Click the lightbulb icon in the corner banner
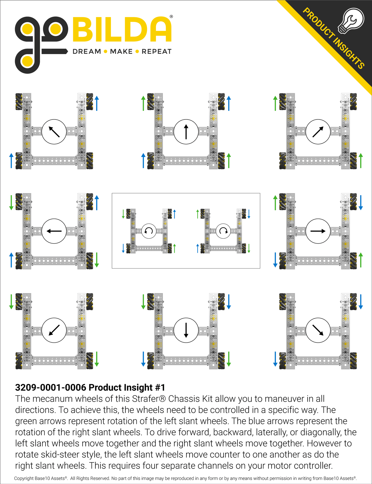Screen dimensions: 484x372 pyautogui.click(x=351, y=21)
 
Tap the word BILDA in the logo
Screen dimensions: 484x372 pyautogui.click(x=122, y=30)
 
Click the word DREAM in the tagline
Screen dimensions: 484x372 pyautogui.click(x=87, y=51)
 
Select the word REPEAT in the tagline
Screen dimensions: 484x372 pyautogui.click(x=157, y=51)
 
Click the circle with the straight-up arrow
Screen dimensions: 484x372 pyautogui.click(x=186, y=132)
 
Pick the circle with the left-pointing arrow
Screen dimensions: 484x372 pyautogui.click(x=54, y=231)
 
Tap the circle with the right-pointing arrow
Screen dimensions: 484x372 pyautogui.click(x=318, y=231)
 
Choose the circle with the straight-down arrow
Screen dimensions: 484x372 pyautogui.click(x=186, y=330)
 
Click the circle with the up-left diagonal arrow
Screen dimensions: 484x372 pyautogui.click(x=54, y=132)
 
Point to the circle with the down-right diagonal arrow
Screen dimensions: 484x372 pyautogui.click(x=318, y=330)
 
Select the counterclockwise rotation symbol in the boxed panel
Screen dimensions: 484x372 pyautogui.click(x=149, y=231)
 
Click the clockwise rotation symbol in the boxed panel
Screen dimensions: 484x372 pyautogui.click(x=223, y=231)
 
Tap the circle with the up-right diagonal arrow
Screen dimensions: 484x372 pyautogui.click(x=318, y=132)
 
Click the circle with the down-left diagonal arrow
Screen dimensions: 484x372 pyautogui.click(x=54, y=330)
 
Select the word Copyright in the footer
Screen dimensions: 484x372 pyautogui.click(x=24, y=478)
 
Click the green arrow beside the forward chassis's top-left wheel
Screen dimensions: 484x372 pyautogui.click(x=143, y=103)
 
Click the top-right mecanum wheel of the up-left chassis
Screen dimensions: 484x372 pyautogui.click(x=90, y=101)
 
